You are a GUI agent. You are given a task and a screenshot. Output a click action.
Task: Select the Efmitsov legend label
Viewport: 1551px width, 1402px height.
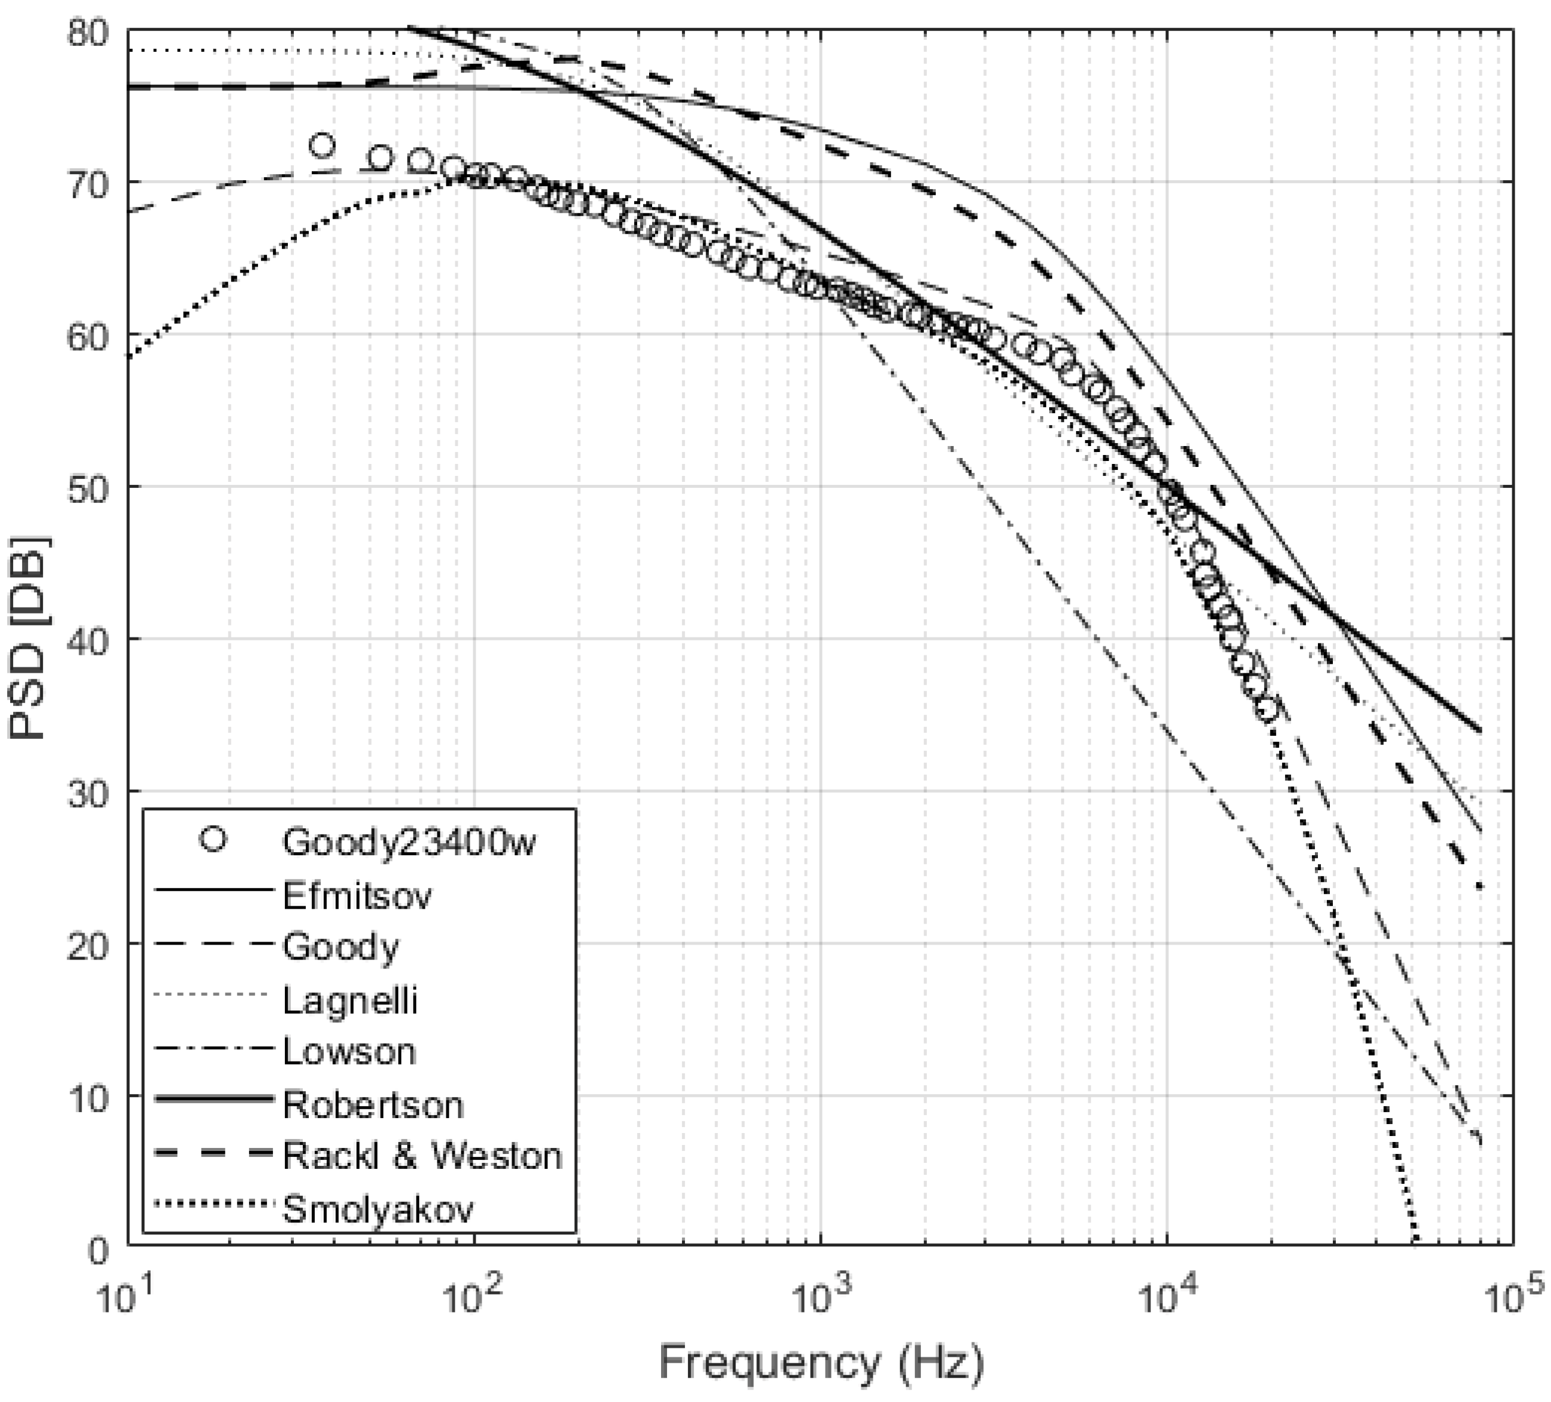click(357, 896)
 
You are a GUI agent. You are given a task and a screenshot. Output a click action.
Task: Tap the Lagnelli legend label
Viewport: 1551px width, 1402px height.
click(350, 1000)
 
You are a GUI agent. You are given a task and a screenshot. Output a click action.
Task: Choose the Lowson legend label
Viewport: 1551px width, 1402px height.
click(349, 1051)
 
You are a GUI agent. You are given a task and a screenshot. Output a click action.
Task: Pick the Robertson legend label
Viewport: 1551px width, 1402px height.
click(373, 1105)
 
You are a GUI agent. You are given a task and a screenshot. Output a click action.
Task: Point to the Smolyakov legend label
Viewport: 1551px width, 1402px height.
click(378, 1209)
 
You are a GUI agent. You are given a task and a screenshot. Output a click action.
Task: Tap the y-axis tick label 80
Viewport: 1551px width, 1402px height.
click(88, 33)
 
